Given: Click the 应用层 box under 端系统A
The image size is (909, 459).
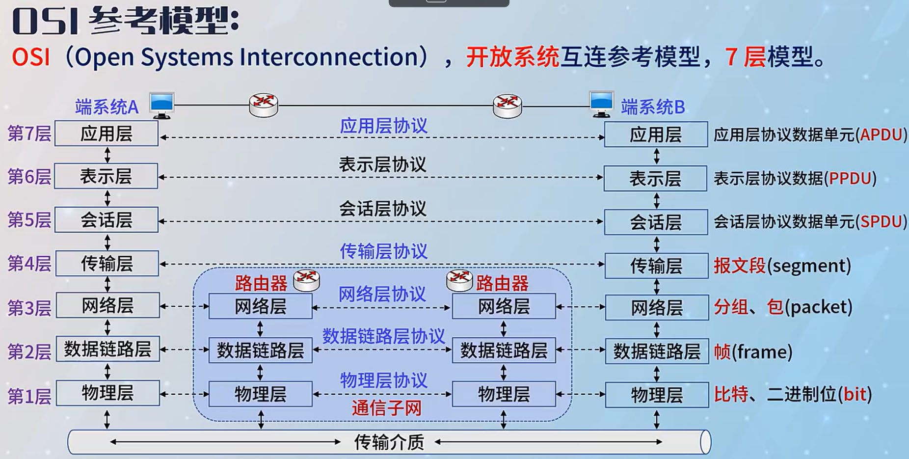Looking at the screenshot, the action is pos(107,134).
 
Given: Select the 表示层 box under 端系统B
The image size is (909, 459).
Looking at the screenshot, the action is pos(655,178).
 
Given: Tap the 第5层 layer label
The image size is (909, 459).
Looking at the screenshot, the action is pos(29,219).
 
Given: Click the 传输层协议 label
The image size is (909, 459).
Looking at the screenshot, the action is pos(383,251).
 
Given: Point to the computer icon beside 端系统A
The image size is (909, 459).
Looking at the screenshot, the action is pos(161,105).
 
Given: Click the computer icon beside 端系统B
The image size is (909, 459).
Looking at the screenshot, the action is pos(601,104).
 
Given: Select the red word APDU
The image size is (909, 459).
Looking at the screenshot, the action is pos(881,135).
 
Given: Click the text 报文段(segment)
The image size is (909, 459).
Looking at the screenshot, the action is pos(782,266).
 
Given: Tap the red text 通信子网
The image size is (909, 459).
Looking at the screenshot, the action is pos(386,408).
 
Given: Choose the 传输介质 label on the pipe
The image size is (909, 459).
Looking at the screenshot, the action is pos(389,442).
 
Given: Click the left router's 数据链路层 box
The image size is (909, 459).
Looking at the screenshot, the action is pos(260,350).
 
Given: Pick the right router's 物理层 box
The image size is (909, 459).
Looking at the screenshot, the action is pos(504,394).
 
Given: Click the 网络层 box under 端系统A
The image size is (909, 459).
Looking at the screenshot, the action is pos(107,305).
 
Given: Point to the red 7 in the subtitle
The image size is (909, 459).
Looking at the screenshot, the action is pos(731,56).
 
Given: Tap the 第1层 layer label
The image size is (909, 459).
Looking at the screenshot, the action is pos(29,396).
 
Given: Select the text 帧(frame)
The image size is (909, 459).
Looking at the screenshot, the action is pos(753,351).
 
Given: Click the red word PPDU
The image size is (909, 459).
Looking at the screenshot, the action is pos(850,178).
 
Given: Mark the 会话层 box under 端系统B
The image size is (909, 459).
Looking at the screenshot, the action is pos(655,222).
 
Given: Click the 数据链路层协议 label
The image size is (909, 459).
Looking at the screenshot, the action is pos(383,336).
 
